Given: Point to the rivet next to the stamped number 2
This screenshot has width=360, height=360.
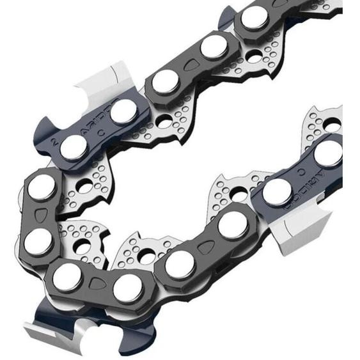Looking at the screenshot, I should click(74, 148).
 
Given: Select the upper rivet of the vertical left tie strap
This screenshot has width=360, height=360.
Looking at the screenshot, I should click(42, 187).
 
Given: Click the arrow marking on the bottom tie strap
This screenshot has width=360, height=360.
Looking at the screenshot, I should click(97, 284).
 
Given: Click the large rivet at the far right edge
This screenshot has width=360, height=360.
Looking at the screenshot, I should click(328, 153).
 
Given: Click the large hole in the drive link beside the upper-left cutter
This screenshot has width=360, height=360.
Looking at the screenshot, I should click(165, 121).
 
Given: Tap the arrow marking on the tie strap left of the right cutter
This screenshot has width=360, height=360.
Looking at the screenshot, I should click(205, 246).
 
